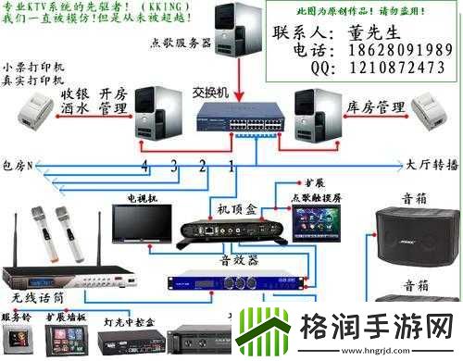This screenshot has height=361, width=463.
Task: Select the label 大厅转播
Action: point(432,165)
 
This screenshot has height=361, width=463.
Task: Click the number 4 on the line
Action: point(144,166)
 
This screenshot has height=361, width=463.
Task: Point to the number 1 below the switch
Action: point(231,166)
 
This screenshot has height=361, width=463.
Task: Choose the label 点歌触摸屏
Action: point(316,196)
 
